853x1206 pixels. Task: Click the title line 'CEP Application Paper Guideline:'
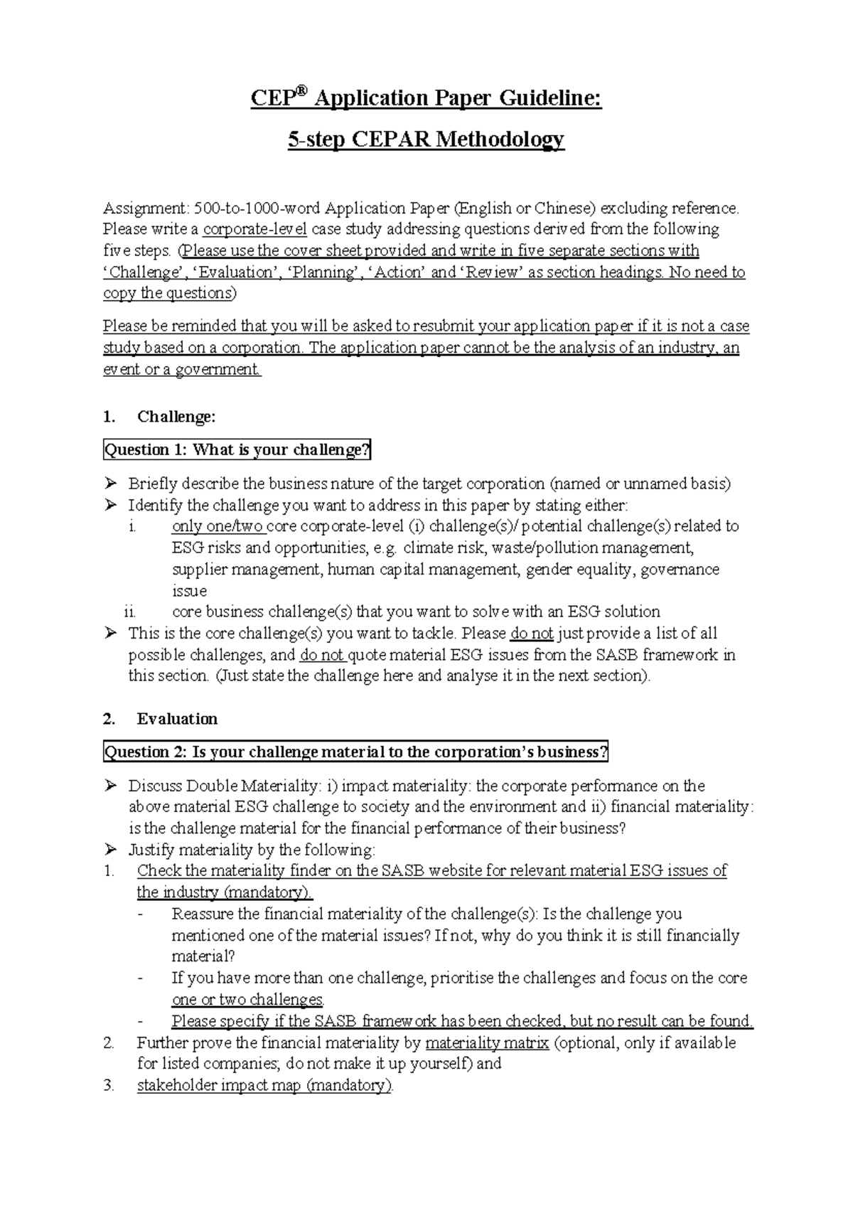[x=426, y=98]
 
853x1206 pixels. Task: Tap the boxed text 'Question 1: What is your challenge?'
[x=237, y=450]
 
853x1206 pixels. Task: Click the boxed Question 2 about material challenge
[x=356, y=752]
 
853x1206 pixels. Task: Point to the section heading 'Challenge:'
[x=176, y=417]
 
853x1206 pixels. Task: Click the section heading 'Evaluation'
[x=177, y=719]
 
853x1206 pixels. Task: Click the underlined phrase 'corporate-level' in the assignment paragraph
[x=254, y=230]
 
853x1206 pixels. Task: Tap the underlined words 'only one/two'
[x=218, y=527]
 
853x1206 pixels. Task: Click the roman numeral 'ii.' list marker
[x=129, y=612]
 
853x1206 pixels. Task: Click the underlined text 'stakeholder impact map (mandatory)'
[x=264, y=1086]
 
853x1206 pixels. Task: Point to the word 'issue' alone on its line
[x=189, y=591]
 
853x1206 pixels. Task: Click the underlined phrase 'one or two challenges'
[x=247, y=1000]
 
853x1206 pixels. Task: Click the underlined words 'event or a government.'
[x=182, y=370]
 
